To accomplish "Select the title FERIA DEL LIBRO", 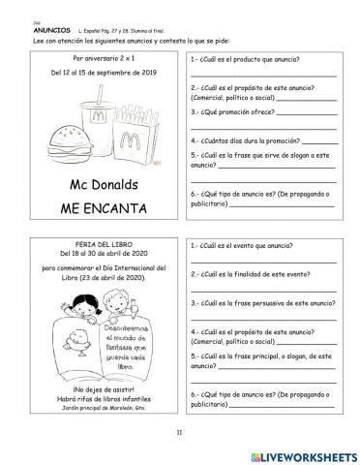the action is [94, 242].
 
